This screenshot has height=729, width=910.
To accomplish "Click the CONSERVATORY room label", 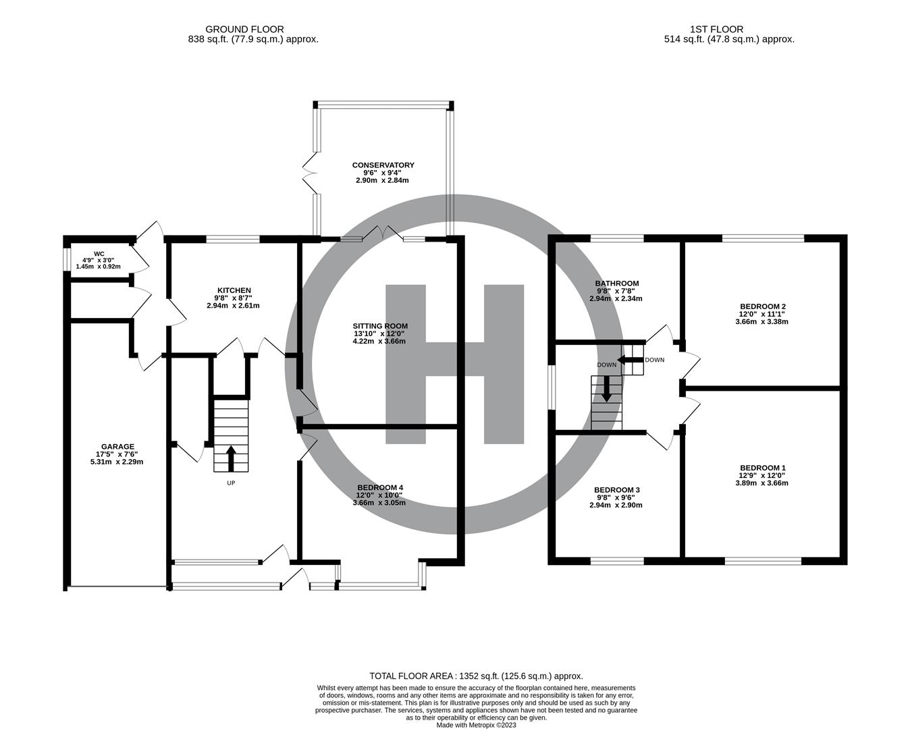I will click(x=383, y=165).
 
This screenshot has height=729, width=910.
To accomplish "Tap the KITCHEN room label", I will click(x=233, y=290).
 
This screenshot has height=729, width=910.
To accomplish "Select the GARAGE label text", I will click(x=117, y=446).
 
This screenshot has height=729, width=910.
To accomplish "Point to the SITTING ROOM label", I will click(x=380, y=326).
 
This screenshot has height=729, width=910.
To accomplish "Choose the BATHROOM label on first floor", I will click(x=616, y=283).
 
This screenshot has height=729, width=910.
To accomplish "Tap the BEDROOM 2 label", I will click(x=762, y=306).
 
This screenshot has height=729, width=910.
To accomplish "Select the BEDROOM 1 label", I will click(x=762, y=468).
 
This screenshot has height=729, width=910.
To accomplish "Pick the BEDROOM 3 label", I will click(x=616, y=490).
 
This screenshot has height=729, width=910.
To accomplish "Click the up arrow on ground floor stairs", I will click(x=231, y=458).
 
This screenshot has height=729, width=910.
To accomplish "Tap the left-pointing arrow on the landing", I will click(x=631, y=360).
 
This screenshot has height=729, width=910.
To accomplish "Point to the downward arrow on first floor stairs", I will click(x=606, y=389).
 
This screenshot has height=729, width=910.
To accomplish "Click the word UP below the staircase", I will click(x=231, y=483).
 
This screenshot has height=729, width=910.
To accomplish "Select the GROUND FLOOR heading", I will click(x=244, y=29).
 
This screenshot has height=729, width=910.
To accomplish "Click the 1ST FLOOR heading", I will click(x=716, y=29).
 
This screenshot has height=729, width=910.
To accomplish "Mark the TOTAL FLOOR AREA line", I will click(x=475, y=676).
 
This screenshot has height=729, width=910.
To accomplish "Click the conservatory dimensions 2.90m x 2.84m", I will click(x=383, y=180).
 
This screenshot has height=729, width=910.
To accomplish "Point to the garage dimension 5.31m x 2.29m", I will click(x=117, y=462).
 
